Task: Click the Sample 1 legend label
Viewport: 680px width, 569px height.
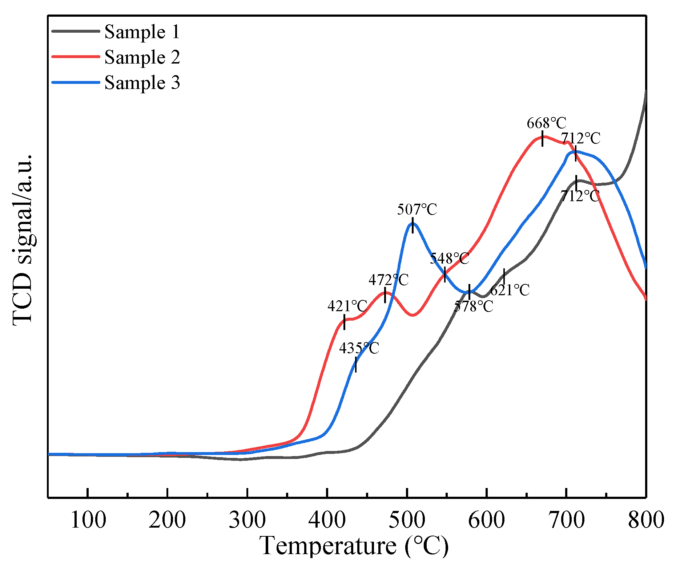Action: pos(142,32)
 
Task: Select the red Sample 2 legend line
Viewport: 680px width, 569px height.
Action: pos(76,57)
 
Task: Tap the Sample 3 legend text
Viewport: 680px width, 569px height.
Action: pos(142,83)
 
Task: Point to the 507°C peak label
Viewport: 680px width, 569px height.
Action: pos(417,210)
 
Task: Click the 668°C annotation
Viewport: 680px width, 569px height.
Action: pos(547,123)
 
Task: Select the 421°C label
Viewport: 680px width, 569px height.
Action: pos(347,306)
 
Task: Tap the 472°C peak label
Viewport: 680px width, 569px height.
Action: pos(389,280)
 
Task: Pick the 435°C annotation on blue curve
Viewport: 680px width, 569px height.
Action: pos(359,348)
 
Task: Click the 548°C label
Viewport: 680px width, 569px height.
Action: pos(450,259)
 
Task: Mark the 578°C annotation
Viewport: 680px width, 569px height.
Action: pos(474,306)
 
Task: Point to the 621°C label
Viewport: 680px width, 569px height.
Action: pos(510,290)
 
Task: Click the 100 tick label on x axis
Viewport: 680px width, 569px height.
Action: pos(88,520)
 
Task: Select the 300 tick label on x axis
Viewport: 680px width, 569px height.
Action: pos(247,520)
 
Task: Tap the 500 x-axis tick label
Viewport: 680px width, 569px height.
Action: pos(407,520)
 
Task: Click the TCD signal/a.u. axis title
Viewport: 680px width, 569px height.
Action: pos(23,240)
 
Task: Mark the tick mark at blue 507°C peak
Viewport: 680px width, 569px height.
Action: pos(413,225)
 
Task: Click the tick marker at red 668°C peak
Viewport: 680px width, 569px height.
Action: pos(542,139)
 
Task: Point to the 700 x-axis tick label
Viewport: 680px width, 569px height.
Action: pos(566,520)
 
